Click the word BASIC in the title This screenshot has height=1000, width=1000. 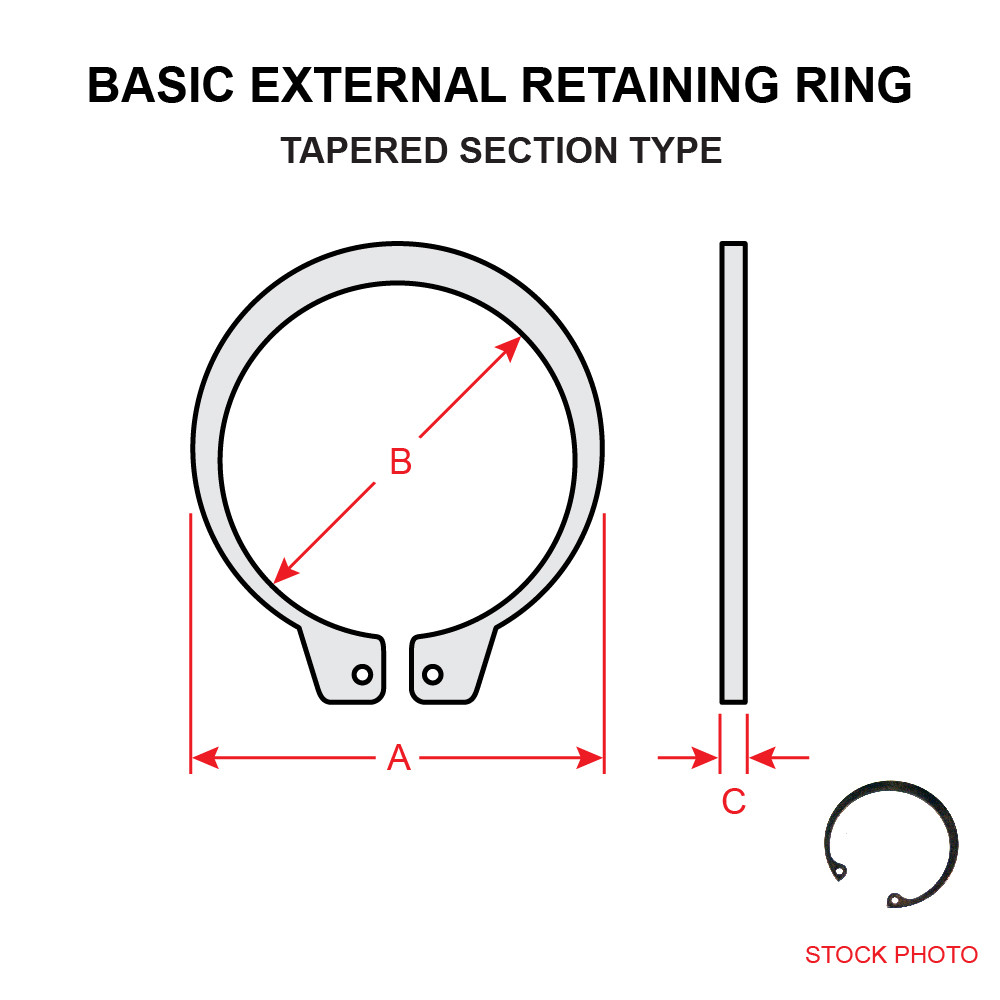pos(161,86)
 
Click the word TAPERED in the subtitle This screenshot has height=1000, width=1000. pos(362,150)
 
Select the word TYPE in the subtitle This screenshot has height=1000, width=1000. pos(675,150)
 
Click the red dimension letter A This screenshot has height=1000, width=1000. pos(399,759)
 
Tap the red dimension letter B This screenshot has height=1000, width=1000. pos(400,462)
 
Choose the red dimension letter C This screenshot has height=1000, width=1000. pos(733,801)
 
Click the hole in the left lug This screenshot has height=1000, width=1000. pos(362,674)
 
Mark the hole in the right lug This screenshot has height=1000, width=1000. pos(432,674)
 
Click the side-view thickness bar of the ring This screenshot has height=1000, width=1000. pos(733,470)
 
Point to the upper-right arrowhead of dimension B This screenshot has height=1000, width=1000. pos(510,348)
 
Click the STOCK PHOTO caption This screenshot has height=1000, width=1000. pos(891,955)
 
